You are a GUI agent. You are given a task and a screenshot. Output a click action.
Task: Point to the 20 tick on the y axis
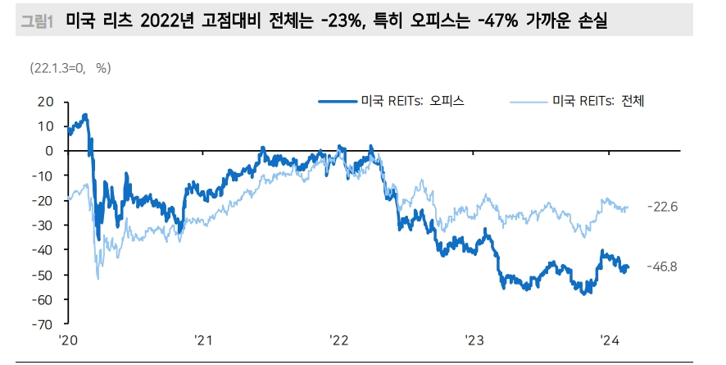coord(46,102)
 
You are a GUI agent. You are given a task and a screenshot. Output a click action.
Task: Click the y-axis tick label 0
coord(50,151)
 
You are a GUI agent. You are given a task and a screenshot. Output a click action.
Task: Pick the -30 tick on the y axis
coord(43,225)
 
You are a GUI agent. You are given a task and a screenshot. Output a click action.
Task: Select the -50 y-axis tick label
coord(43,274)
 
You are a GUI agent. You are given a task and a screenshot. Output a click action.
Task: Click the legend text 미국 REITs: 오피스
coord(413,102)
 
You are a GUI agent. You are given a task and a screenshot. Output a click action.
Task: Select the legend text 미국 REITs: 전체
coord(600,102)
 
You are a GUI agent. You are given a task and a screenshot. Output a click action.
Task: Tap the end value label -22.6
coord(662,206)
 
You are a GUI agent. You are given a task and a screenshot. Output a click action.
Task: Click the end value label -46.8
coord(662,267)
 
